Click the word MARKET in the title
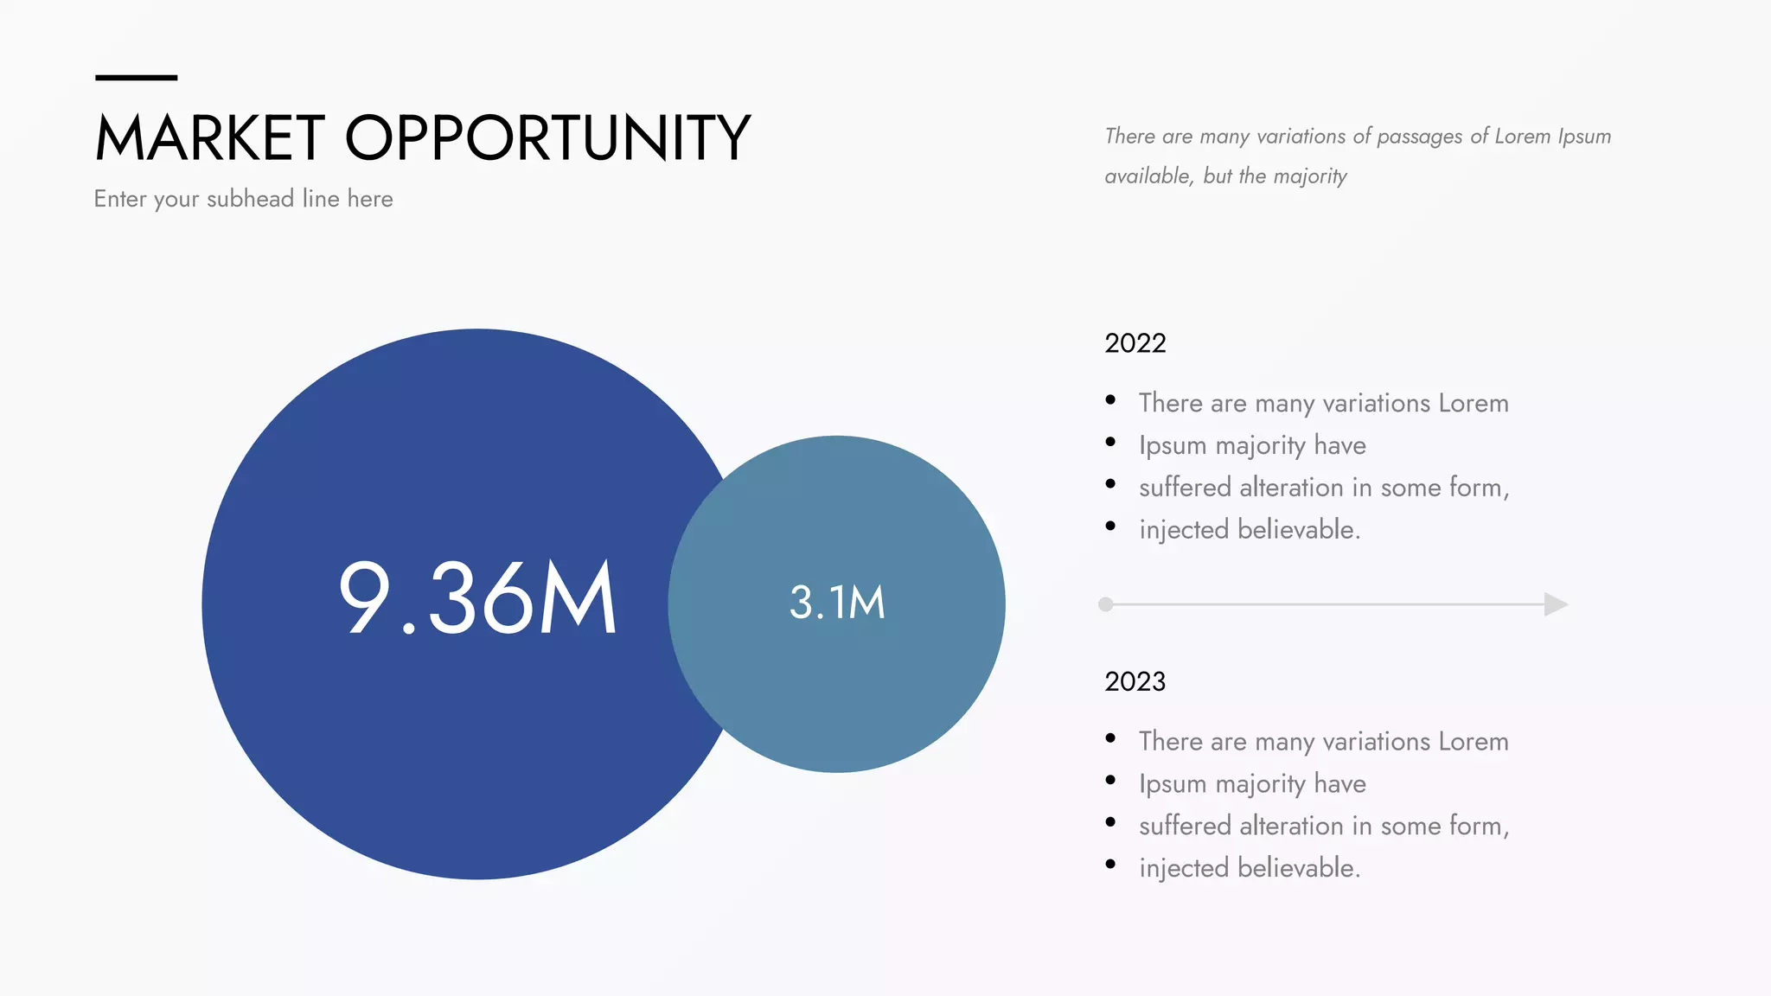click(x=209, y=138)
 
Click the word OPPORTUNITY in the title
click(x=547, y=138)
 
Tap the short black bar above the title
click(x=136, y=78)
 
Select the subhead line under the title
click(x=243, y=199)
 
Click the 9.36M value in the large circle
click(x=476, y=598)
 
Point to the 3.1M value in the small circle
click(x=837, y=603)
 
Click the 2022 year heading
click(x=1135, y=343)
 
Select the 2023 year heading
click(x=1135, y=681)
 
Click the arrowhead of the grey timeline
click(x=1555, y=604)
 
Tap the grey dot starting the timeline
click(x=1105, y=604)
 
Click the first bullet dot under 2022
click(x=1110, y=399)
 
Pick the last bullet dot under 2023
click(x=1110, y=865)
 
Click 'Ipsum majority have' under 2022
click(x=1252, y=445)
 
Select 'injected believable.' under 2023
click(x=1250, y=868)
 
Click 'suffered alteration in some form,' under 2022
click(x=1323, y=488)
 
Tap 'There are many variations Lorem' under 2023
click(x=1323, y=742)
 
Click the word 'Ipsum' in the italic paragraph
click(x=1584, y=137)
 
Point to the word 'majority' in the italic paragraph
click(x=1310, y=176)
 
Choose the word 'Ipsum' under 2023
click(x=1172, y=784)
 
